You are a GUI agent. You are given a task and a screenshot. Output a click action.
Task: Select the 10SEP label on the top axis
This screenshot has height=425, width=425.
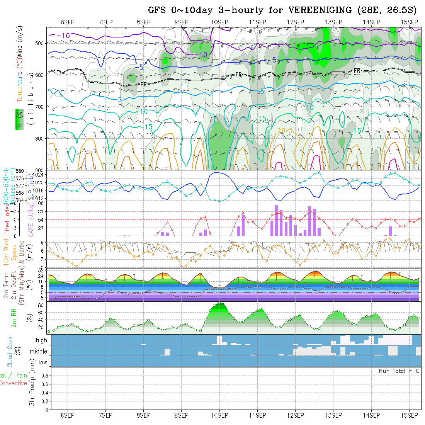(x=219, y=22)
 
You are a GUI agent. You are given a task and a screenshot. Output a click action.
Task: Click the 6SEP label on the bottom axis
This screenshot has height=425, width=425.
(x=68, y=415)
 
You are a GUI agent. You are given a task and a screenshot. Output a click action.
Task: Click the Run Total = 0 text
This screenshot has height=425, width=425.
(x=399, y=371)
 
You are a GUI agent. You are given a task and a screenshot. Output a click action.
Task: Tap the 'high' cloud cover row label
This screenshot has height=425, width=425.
(x=41, y=340)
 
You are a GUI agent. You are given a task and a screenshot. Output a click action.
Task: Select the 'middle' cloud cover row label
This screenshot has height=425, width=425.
(x=39, y=351)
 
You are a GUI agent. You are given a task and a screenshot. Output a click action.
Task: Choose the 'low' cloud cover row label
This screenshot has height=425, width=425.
(x=42, y=362)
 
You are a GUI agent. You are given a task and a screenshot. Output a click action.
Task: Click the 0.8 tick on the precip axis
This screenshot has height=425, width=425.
(x=44, y=376)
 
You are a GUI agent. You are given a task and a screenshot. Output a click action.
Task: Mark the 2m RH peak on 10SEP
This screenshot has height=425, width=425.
(x=219, y=303)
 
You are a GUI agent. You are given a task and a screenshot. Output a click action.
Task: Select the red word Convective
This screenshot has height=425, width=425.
(x=14, y=383)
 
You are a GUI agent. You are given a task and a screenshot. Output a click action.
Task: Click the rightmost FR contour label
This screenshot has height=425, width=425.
(x=357, y=70)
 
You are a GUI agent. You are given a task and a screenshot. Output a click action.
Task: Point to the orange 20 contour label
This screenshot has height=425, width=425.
(x=281, y=130)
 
